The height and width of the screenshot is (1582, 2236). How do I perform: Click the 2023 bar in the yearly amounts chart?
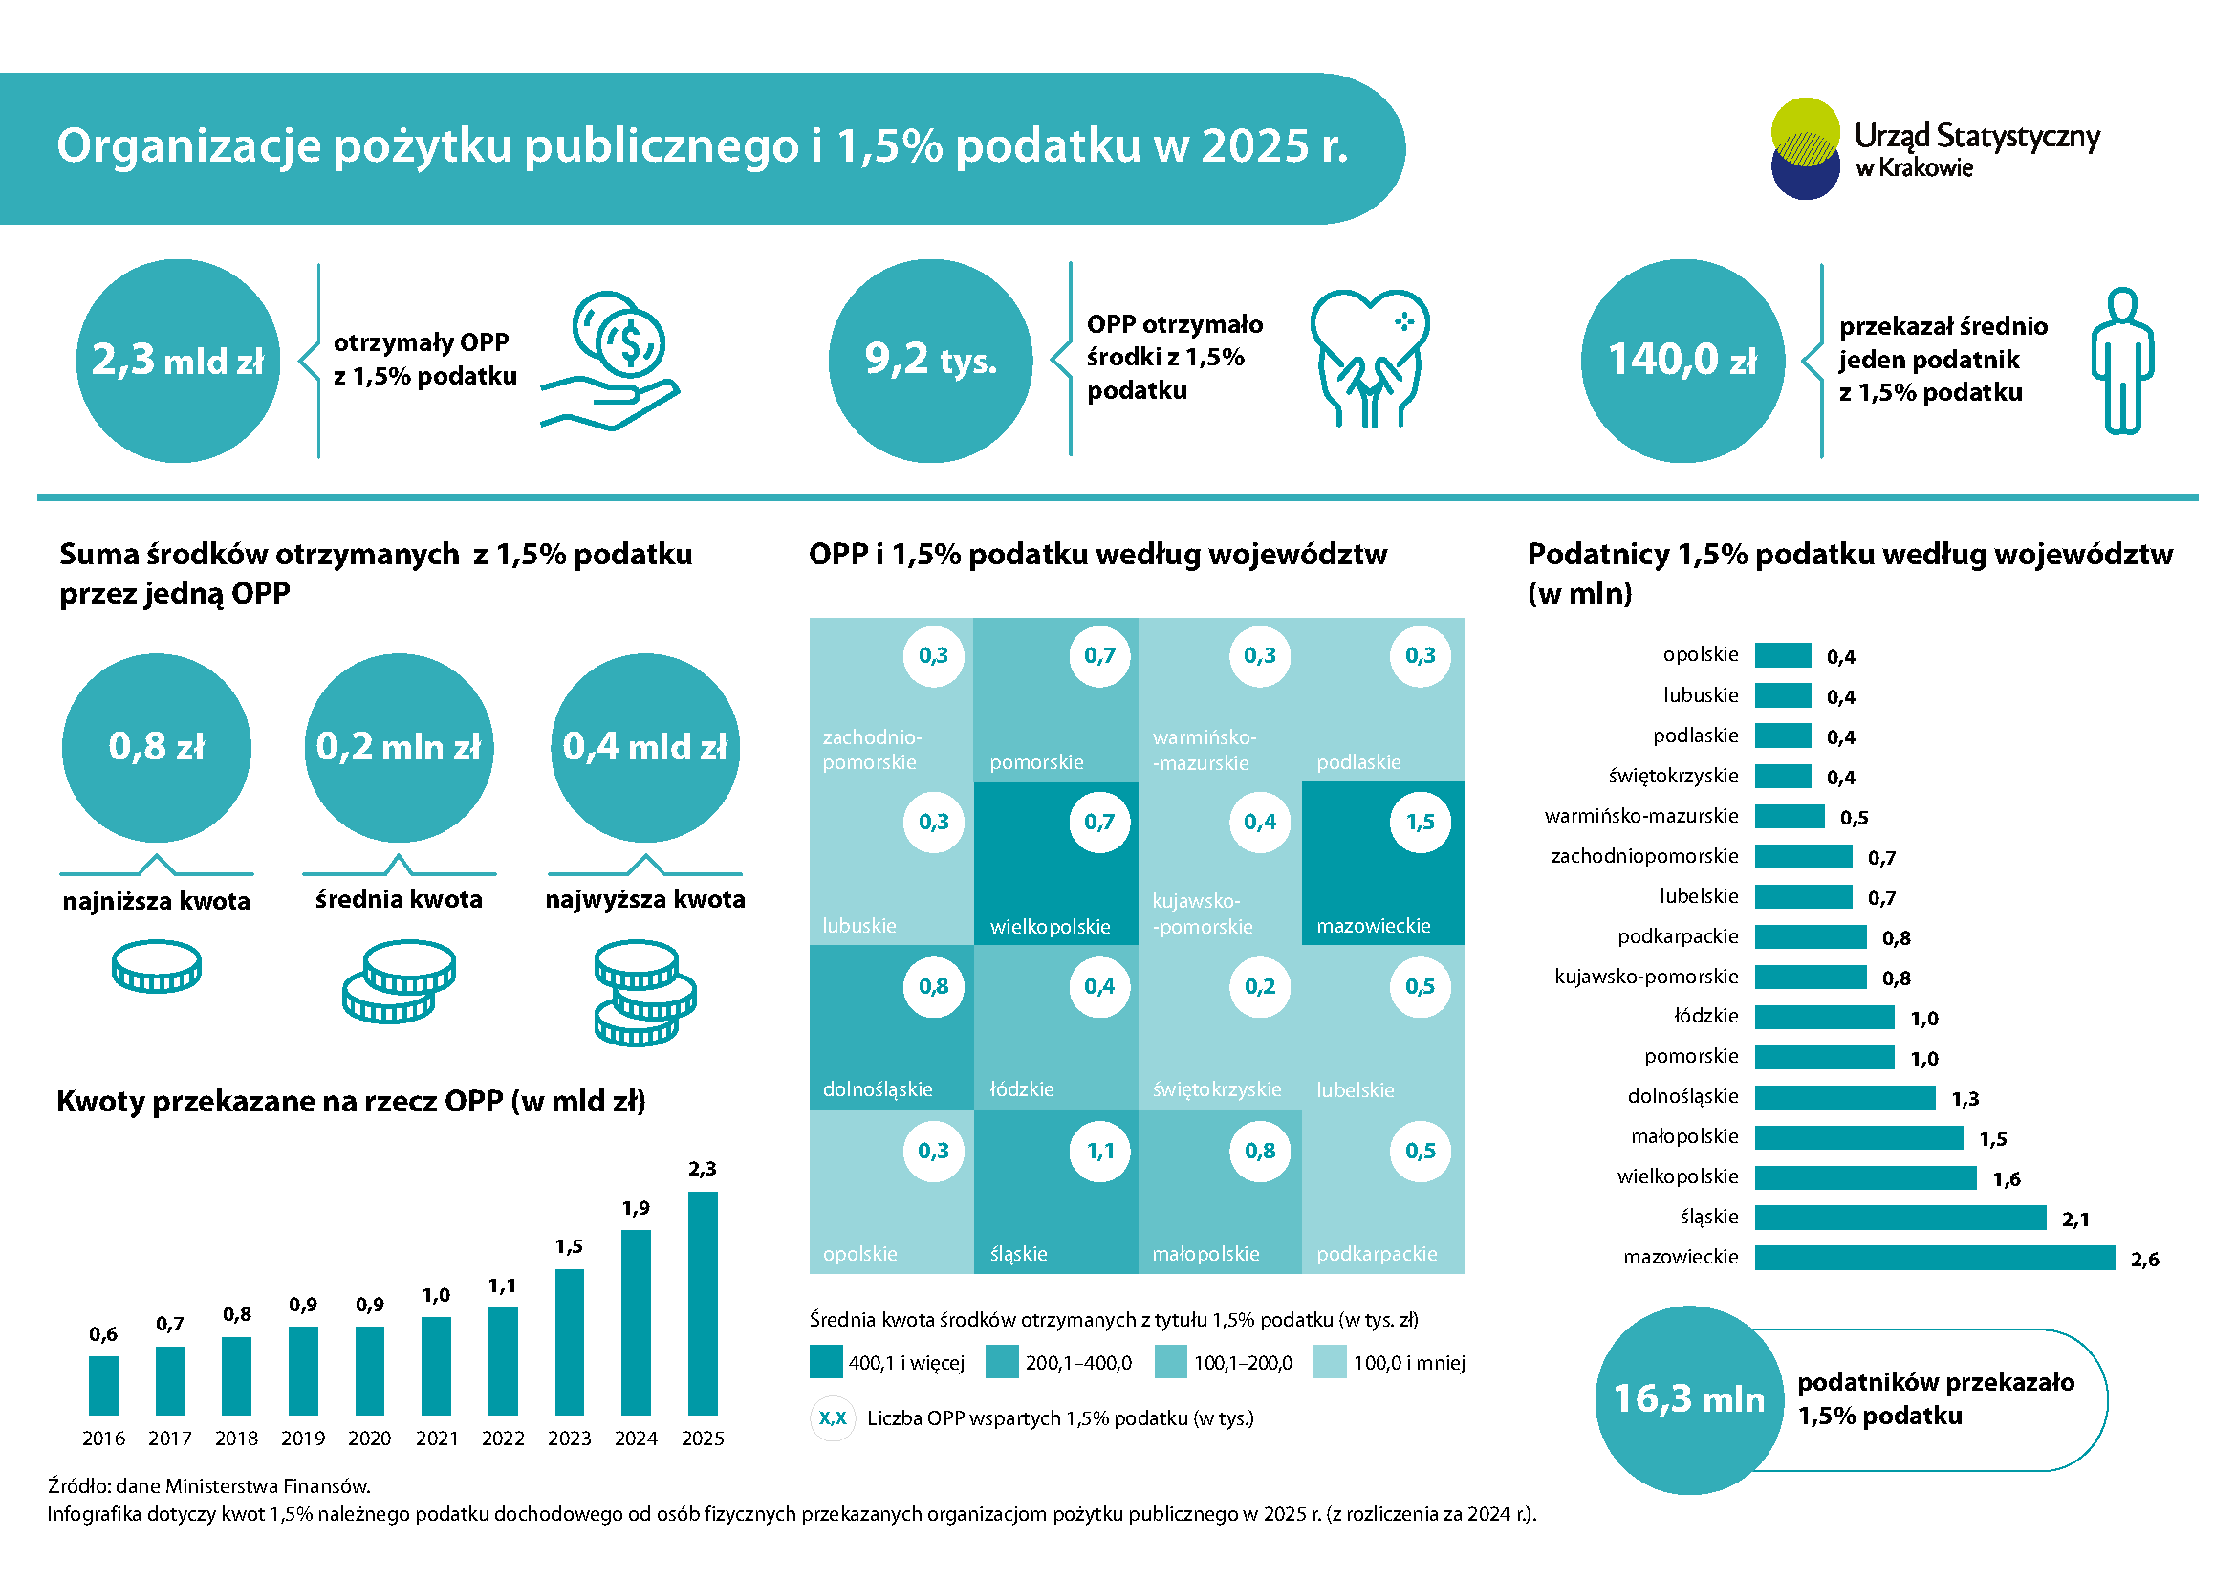coord(570,1341)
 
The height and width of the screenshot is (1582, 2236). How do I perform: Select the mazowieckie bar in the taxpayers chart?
coord(1934,1258)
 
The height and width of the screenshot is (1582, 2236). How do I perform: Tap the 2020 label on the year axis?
coord(369,1438)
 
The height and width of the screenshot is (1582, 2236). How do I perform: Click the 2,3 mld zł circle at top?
coord(178,361)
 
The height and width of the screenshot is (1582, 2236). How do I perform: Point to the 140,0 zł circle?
coord(1682,361)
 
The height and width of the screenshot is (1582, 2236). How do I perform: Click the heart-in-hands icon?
coord(1369,359)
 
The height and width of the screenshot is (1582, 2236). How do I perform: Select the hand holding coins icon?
coord(612,361)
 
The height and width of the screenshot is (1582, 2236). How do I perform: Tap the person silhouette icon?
coord(2122,361)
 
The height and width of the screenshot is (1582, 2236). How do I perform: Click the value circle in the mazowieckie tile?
coord(1420,823)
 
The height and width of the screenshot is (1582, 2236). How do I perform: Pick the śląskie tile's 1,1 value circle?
coord(1100,1152)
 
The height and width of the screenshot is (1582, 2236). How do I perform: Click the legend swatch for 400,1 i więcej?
coord(826,1362)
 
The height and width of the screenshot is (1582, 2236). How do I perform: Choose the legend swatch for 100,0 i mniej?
coord(1330,1362)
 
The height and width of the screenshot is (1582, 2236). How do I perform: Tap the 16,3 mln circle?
coord(1688,1400)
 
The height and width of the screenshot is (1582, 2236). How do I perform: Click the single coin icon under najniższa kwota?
coord(157,966)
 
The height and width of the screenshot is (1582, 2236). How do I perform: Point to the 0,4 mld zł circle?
coord(644,747)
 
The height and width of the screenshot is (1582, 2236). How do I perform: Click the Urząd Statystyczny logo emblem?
coord(1805,149)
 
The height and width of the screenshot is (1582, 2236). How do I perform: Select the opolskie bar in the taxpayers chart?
coord(1782,655)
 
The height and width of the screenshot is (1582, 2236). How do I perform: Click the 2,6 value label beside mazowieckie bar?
coord(2144,1260)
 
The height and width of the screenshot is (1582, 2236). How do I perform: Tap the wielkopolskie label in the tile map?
coord(1050,927)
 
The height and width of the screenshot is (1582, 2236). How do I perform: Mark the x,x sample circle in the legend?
coord(833,1418)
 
